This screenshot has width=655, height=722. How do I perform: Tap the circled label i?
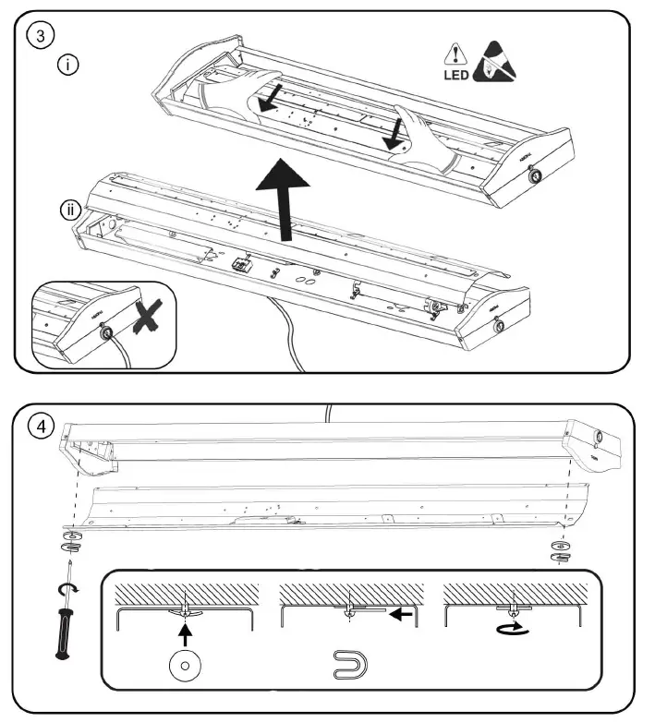tap(67, 66)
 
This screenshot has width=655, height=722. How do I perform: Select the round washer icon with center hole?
tap(186, 664)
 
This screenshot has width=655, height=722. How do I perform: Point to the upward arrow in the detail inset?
tap(186, 633)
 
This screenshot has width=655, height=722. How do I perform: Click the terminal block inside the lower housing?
tap(241, 263)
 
